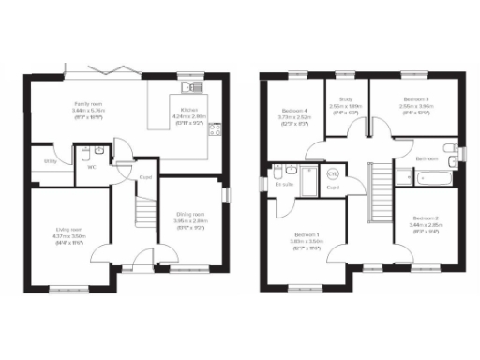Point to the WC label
93,167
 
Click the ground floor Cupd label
146,176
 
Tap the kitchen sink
195,87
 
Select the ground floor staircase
145,216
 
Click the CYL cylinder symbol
332,172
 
